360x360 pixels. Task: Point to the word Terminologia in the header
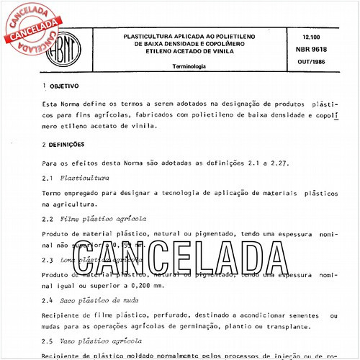click(189, 66)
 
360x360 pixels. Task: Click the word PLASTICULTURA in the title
click(152, 35)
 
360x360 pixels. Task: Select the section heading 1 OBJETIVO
click(66, 85)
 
